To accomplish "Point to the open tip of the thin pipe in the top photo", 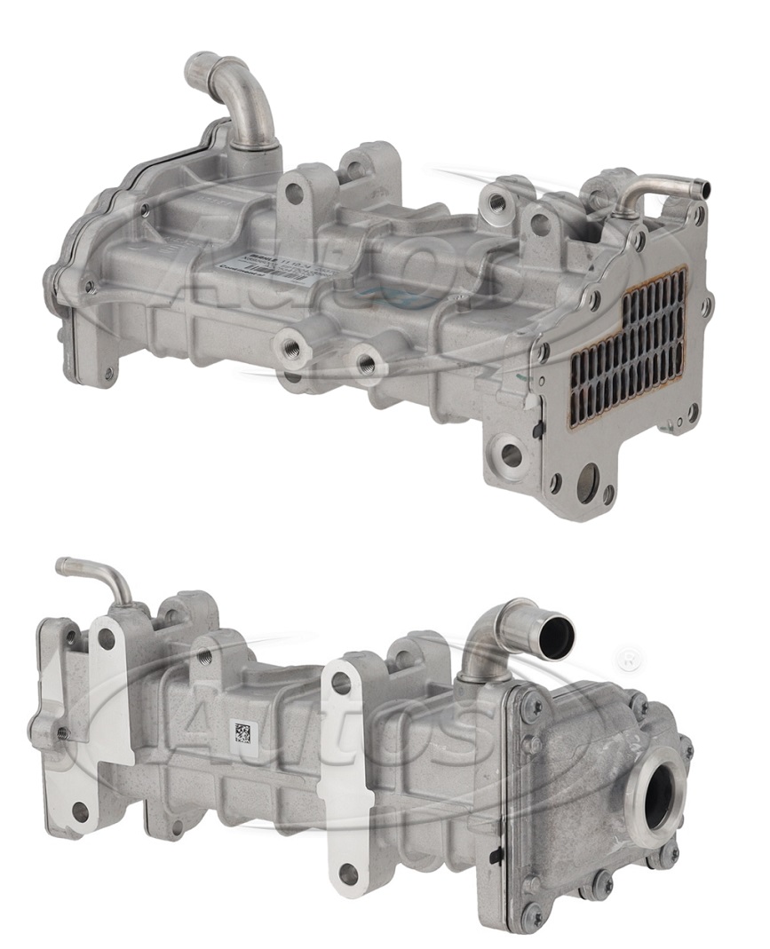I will click(703, 189).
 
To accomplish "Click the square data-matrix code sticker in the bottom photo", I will click(242, 732).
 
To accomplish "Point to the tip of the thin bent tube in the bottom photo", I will click(62, 565).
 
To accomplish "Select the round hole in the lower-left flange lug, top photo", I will click(511, 455).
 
